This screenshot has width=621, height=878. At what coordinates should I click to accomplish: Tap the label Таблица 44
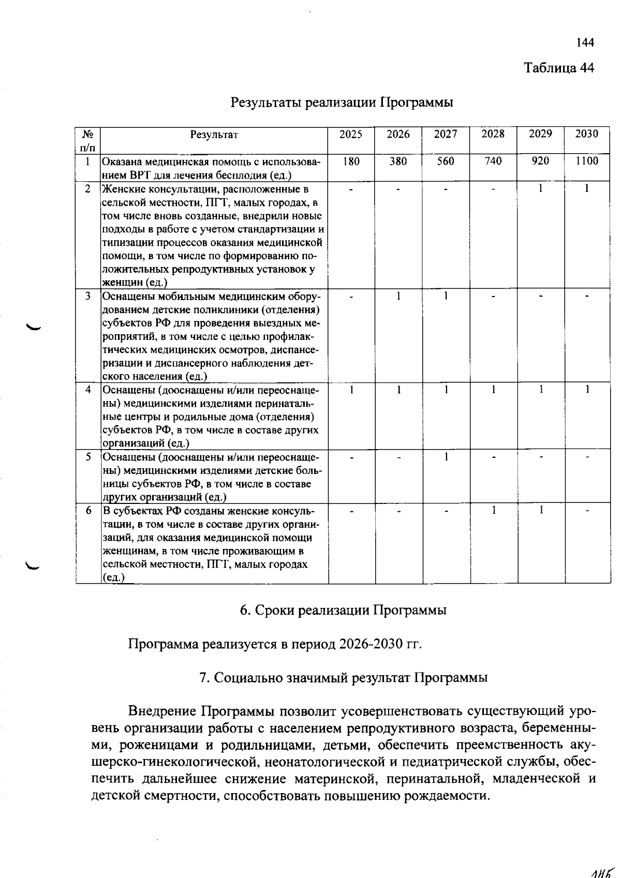tap(559, 68)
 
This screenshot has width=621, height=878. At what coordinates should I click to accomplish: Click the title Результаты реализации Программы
tap(342, 102)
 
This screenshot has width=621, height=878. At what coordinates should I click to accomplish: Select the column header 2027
tap(446, 135)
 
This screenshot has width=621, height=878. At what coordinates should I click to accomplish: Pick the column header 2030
tap(587, 134)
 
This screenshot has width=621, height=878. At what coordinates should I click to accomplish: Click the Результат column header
tap(214, 135)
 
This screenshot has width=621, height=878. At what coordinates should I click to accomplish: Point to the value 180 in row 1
tap(351, 161)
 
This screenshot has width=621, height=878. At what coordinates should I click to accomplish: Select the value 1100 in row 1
tap(587, 161)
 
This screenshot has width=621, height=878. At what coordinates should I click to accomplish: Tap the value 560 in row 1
tap(446, 161)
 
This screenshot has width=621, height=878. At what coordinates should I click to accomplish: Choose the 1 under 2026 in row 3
tap(398, 296)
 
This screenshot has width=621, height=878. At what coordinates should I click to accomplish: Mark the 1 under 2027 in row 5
tap(446, 457)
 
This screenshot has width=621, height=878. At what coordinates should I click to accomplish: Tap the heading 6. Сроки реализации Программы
tap(343, 610)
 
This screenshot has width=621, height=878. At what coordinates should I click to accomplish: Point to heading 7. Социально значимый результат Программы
tap(343, 678)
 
